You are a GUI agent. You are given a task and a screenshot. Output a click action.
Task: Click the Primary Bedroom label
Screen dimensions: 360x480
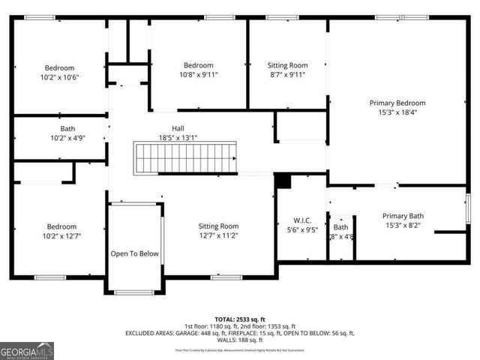pyautogui.click(x=397, y=103)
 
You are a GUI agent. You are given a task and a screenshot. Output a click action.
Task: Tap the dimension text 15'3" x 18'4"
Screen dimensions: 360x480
pyautogui.click(x=397, y=112)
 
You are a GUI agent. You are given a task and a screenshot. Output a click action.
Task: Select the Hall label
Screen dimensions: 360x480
pyautogui.click(x=178, y=128)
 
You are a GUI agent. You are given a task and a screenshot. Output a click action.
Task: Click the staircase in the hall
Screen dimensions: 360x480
pyautogui.click(x=185, y=158)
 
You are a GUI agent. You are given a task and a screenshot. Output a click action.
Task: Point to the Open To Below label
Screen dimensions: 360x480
pyautogui.click(x=135, y=253)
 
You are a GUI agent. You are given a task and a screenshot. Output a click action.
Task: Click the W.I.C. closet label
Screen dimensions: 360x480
pyautogui.click(x=301, y=220)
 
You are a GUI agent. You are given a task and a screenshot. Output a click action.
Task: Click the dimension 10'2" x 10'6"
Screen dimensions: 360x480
pyautogui.click(x=58, y=76)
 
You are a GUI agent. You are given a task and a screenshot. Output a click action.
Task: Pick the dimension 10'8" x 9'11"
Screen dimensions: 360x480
pyautogui.click(x=199, y=75)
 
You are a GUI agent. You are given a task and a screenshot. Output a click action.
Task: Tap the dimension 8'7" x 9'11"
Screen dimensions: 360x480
pyautogui.click(x=288, y=75)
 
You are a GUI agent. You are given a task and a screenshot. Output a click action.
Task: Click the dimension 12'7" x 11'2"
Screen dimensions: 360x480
pyautogui.click(x=218, y=235)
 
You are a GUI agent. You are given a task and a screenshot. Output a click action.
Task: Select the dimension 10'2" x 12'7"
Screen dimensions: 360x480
pyautogui.click(x=61, y=236)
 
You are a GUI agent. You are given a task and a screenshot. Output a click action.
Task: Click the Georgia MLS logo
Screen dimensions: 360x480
pyautogui.click(x=27, y=350)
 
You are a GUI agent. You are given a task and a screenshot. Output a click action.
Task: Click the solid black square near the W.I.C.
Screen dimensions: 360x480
pyautogui.click(x=283, y=181)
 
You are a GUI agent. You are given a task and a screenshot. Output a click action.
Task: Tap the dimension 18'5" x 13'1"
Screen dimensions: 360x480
pyautogui.click(x=178, y=138)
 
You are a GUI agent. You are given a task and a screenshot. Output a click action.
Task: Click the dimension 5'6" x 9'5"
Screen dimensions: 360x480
pyautogui.click(x=301, y=230)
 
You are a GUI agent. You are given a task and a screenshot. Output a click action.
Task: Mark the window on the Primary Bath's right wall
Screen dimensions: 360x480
pyautogui.click(x=467, y=208)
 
